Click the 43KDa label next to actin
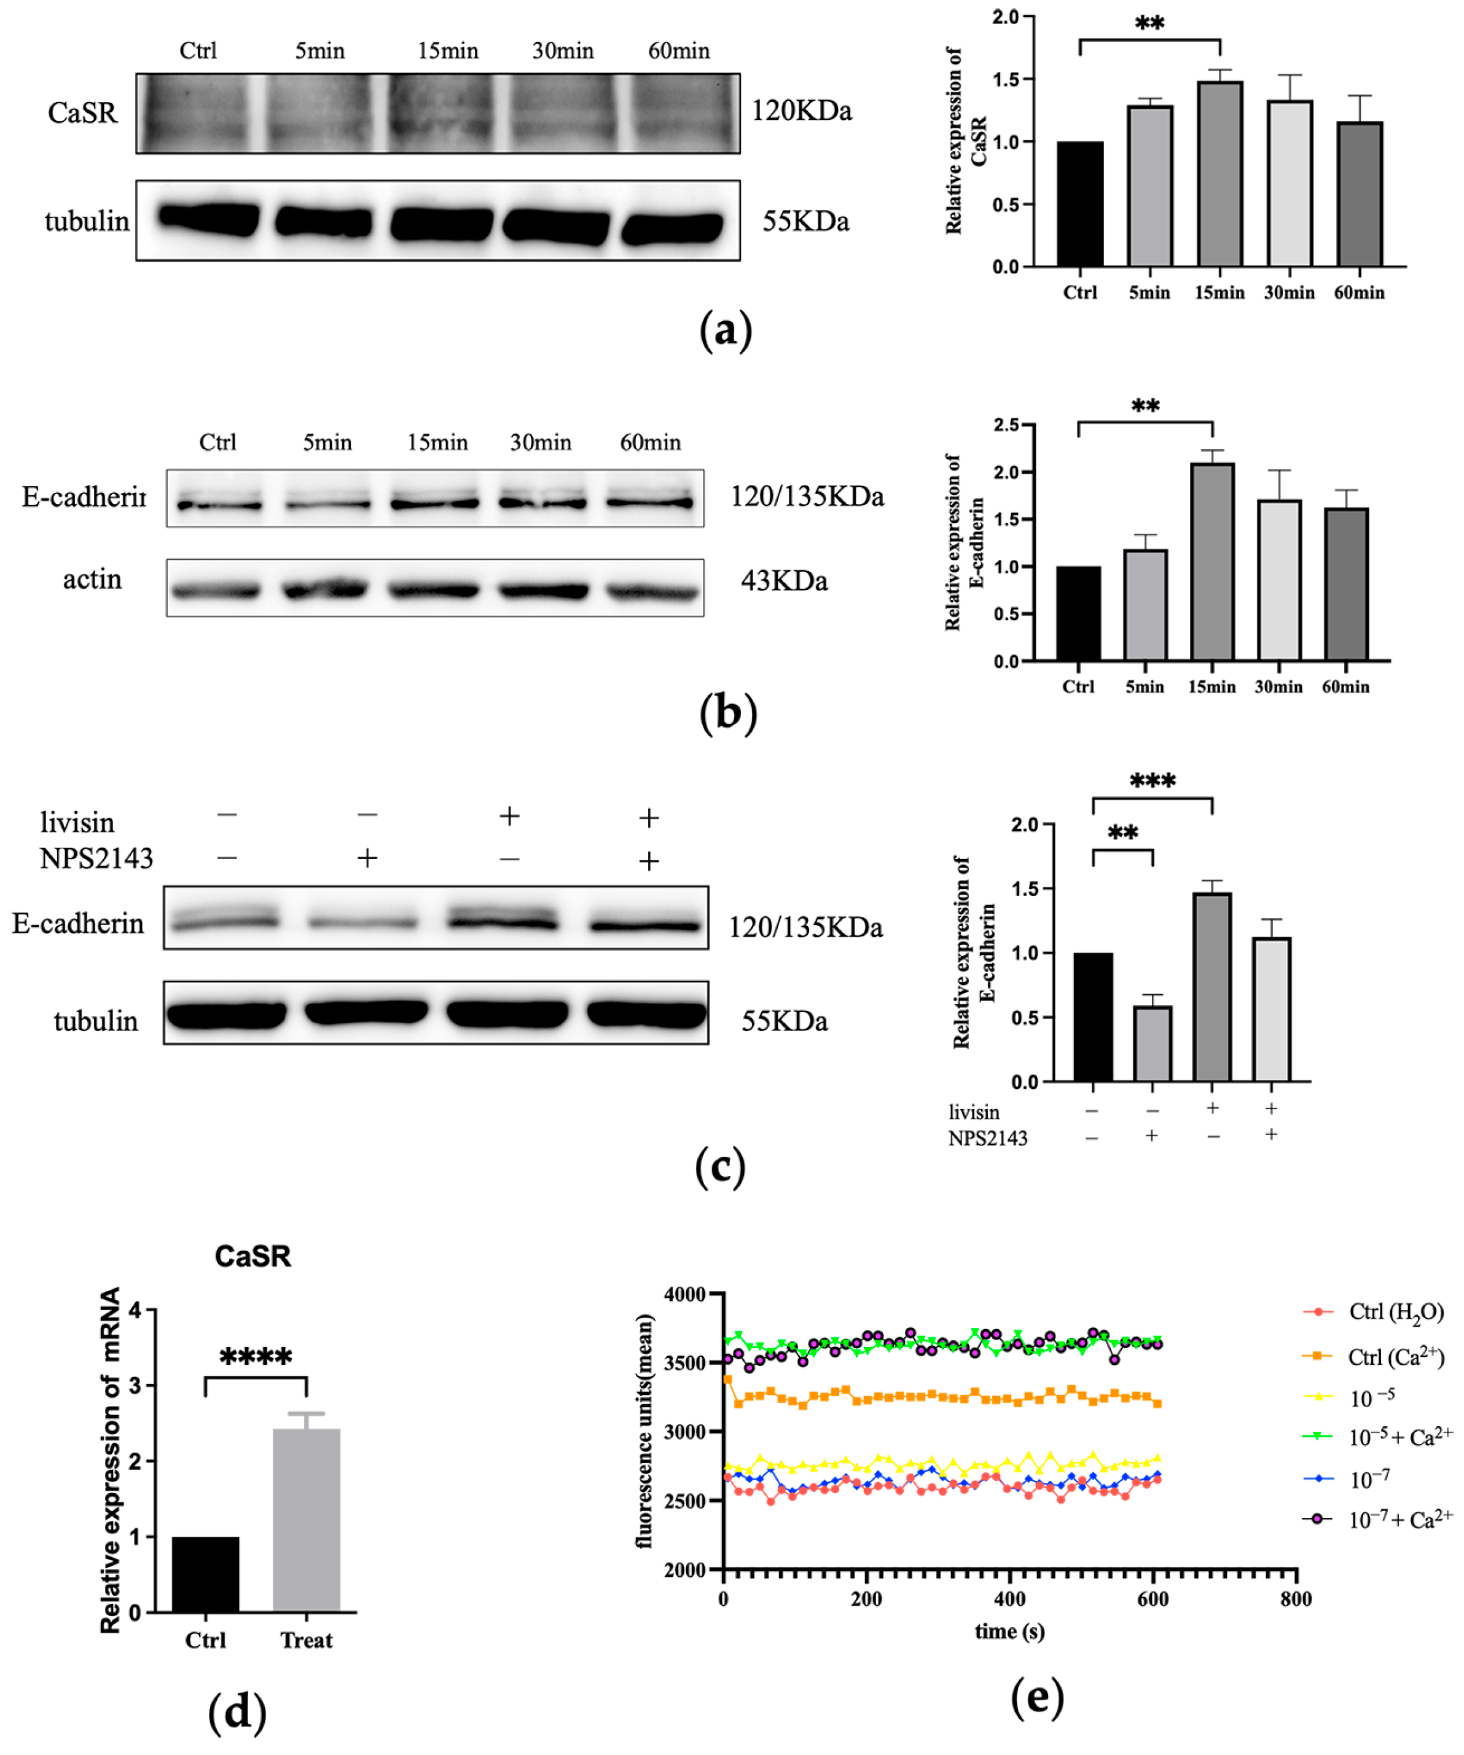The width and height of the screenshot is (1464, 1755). [x=784, y=580]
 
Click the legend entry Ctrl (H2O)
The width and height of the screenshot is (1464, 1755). [x=1395, y=1312]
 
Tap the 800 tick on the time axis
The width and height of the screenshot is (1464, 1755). [x=1295, y=1599]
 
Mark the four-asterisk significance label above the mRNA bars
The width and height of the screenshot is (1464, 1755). [x=256, y=1356]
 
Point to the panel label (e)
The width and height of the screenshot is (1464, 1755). [x=1037, y=1697]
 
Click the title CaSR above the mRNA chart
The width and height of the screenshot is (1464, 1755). [x=252, y=1256]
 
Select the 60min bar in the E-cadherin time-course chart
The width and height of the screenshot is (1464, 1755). [x=1345, y=584]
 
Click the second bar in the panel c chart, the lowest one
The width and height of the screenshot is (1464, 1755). [x=1153, y=1044]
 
